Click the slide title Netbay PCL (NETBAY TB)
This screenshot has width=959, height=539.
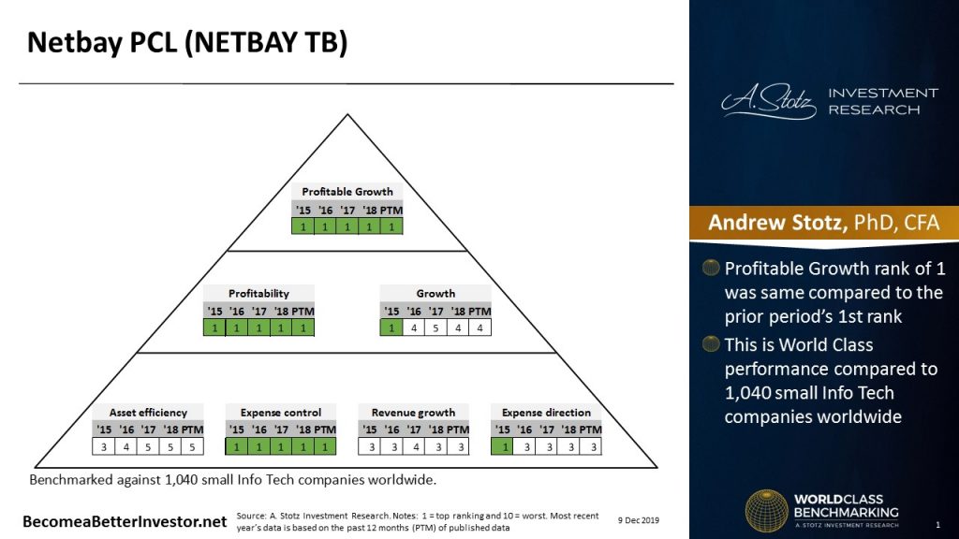click(186, 43)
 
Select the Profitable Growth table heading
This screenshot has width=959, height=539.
click(347, 192)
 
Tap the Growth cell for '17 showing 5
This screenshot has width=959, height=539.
click(435, 328)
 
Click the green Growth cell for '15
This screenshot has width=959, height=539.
click(391, 328)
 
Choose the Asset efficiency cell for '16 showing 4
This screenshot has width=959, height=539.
click(127, 446)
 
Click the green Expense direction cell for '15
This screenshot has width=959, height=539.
click(502, 446)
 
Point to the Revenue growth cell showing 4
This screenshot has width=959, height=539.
click(414, 446)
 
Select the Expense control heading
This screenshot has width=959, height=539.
click(281, 413)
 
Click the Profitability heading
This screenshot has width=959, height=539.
click(258, 294)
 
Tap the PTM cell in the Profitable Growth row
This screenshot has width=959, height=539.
click(391, 226)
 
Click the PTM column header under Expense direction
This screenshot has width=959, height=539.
click(589, 429)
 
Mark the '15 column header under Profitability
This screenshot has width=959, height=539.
click(214, 311)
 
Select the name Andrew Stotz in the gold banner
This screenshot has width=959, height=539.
click(768, 223)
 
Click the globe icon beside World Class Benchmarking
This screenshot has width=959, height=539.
click(765, 510)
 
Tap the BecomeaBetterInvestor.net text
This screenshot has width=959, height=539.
click(125, 520)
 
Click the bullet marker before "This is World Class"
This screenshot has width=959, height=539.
click(712, 344)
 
